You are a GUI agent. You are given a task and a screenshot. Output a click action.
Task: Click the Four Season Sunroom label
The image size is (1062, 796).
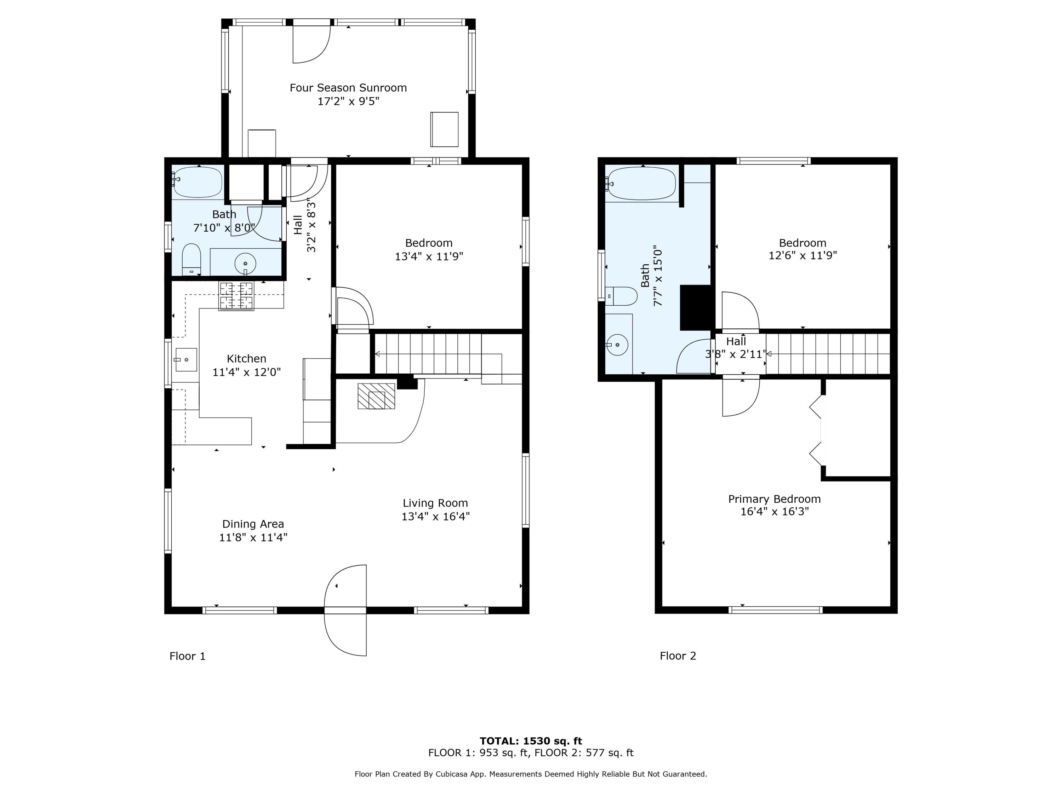(348, 88)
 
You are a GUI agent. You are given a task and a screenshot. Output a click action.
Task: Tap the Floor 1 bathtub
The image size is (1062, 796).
(197, 182)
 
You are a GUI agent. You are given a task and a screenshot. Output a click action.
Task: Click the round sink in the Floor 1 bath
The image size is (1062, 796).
(245, 264)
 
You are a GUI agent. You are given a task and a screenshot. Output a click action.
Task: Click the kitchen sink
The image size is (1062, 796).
(186, 360)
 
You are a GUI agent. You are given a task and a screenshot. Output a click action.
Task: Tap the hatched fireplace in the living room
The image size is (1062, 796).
(376, 396)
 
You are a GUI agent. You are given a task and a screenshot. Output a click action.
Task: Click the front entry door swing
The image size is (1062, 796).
(346, 610)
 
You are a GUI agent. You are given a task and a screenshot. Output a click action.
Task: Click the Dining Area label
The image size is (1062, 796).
(253, 524)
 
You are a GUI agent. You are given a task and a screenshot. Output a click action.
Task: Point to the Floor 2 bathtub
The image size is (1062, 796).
(642, 183)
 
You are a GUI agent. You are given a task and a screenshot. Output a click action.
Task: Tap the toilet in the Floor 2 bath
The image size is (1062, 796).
(621, 296)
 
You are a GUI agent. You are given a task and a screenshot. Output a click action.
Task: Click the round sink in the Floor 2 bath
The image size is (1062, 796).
(617, 345)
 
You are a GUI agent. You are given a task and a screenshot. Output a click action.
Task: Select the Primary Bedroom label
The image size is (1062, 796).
(775, 499)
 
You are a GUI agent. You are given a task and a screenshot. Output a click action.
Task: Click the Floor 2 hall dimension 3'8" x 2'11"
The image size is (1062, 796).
(735, 354)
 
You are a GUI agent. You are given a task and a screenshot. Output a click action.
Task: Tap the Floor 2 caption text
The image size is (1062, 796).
(678, 656)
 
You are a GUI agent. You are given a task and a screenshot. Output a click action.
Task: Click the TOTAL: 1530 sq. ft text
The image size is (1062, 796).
(531, 741)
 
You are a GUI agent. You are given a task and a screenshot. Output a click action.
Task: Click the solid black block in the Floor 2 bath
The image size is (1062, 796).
(695, 307)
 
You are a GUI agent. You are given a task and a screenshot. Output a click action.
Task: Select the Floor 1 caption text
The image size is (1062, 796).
(188, 656)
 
